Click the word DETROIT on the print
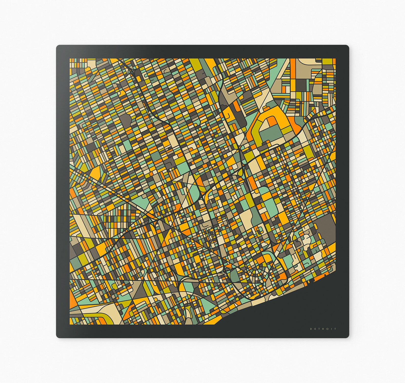click(x=323, y=329)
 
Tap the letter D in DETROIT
click(x=311, y=329)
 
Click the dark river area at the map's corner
click(x=293, y=306)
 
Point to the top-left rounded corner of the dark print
click(x=58, y=47)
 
